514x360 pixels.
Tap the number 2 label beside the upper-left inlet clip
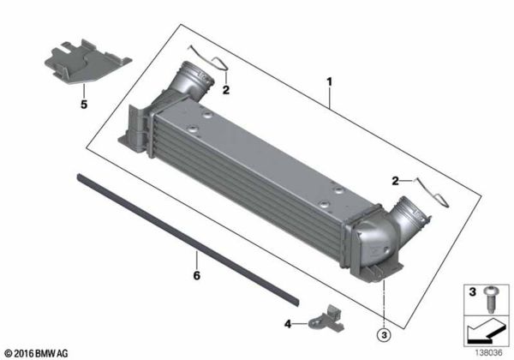pos(226,88)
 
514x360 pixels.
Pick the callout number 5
pos(84,105)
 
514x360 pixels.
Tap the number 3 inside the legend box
pos(472,292)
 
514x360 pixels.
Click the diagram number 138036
pos(489,351)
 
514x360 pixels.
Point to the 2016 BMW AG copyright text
pos(41,352)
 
